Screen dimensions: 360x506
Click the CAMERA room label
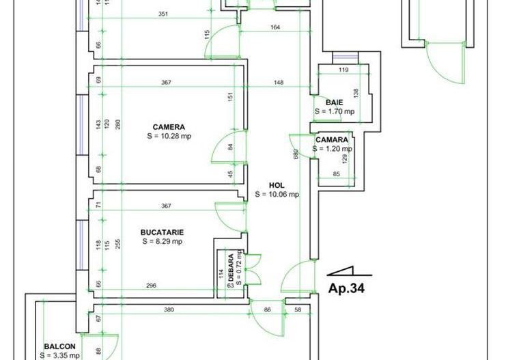coord(168,126)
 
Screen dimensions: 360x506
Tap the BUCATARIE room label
coord(162,232)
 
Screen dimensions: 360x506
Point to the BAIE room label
coord(334,102)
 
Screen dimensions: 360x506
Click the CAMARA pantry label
coord(333,139)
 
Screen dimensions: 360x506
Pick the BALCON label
coord(59,346)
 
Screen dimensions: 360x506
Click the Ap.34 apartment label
coord(346,288)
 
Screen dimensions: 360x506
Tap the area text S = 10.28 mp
coord(168,136)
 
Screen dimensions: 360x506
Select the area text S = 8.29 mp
coord(162,241)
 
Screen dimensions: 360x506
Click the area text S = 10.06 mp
coord(277,194)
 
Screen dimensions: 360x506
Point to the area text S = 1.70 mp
coord(334,111)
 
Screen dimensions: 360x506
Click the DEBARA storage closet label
coord(231,261)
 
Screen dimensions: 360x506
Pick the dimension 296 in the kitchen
coord(152,286)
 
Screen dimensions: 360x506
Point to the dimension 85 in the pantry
coord(336,174)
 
